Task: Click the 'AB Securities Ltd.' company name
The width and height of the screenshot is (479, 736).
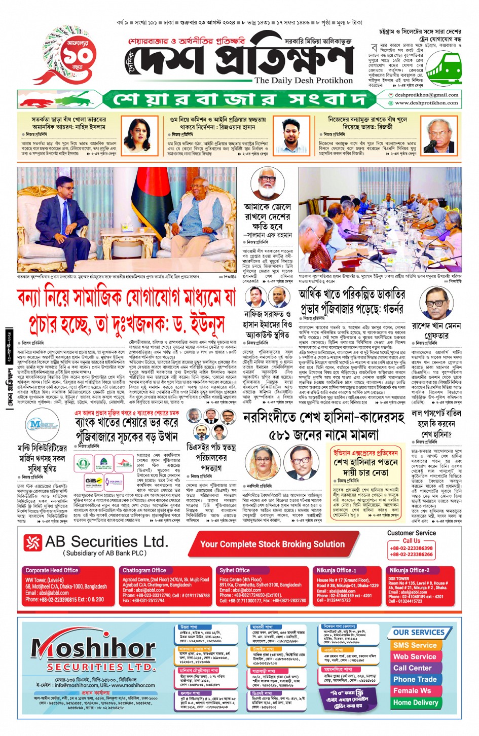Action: [x=106, y=542]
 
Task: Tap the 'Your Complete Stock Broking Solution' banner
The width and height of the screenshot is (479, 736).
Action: [x=272, y=544]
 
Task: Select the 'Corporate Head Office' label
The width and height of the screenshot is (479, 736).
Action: [x=52, y=570]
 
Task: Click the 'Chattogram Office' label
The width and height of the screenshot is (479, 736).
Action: [x=144, y=570]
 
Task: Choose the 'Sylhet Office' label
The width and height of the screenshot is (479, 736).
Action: [x=234, y=570]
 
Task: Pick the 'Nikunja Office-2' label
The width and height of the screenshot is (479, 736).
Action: [x=410, y=570]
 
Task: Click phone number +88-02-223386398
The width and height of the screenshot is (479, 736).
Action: [x=411, y=548]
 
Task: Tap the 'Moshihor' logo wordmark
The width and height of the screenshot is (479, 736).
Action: [x=93, y=648]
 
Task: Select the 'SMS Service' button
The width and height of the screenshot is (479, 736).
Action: [x=415, y=645]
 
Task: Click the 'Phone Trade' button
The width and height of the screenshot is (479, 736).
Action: [x=415, y=679]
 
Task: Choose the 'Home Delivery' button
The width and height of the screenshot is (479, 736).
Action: [x=415, y=703]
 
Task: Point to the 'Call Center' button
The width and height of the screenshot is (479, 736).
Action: [x=413, y=668]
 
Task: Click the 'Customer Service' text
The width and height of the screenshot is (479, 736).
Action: [x=411, y=533]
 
